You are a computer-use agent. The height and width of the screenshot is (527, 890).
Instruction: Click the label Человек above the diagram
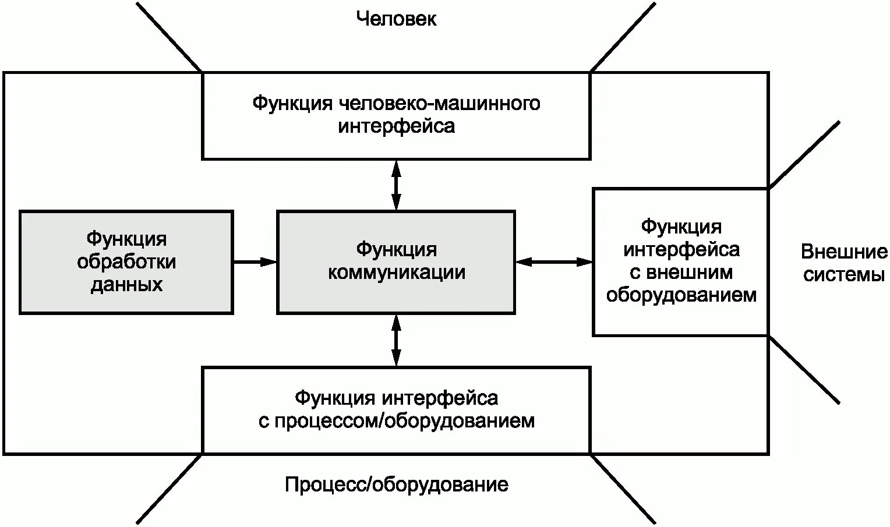(x=396, y=19)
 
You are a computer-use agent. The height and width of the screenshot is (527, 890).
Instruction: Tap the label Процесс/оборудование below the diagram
(x=396, y=484)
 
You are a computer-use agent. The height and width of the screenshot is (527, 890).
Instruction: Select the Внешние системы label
(x=844, y=263)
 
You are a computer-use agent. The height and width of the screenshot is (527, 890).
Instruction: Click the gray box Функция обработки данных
(x=126, y=262)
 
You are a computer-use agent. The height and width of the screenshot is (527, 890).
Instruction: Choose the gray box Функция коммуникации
(x=396, y=262)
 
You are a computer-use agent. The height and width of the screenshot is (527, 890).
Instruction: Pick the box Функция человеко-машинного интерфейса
(x=396, y=115)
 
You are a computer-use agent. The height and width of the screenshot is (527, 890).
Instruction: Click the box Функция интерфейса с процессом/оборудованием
(x=396, y=409)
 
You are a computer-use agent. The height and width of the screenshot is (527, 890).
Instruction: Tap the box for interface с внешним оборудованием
(x=681, y=261)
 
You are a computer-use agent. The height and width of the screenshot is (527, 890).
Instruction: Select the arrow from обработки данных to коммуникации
(x=255, y=262)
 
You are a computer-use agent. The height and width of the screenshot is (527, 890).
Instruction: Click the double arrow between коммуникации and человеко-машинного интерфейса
(x=396, y=185)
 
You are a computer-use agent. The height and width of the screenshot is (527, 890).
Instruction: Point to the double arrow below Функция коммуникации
(x=396, y=340)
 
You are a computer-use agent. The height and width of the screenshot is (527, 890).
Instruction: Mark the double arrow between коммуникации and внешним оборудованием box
(x=553, y=262)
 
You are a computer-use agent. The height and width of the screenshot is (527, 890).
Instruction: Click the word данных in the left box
(x=126, y=285)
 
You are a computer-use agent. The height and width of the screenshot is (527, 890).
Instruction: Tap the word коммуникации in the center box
(x=396, y=273)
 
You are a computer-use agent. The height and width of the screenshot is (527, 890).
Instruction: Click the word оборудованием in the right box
(x=681, y=295)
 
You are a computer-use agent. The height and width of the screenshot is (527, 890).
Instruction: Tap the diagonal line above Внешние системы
(x=804, y=154)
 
